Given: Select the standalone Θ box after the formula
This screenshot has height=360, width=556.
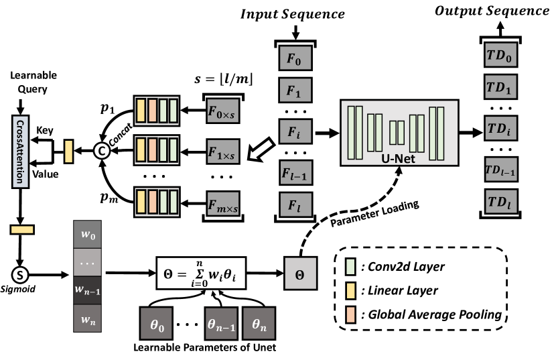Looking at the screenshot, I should click(x=299, y=274).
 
